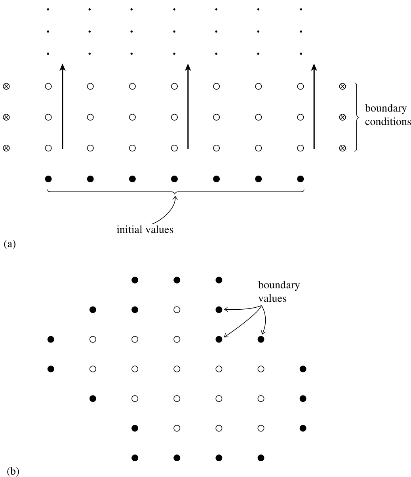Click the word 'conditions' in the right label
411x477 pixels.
click(388, 122)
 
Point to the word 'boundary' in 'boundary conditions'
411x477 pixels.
click(385, 108)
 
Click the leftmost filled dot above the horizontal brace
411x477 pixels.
click(48, 179)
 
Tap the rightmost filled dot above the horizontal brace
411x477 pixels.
click(301, 179)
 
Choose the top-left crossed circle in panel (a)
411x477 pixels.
click(6, 86)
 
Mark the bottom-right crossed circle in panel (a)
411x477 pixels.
click(342, 148)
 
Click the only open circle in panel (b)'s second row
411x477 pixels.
click(177, 310)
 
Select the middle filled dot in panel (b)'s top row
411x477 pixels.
click(177, 280)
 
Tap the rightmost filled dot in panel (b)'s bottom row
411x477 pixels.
click(261, 458)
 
